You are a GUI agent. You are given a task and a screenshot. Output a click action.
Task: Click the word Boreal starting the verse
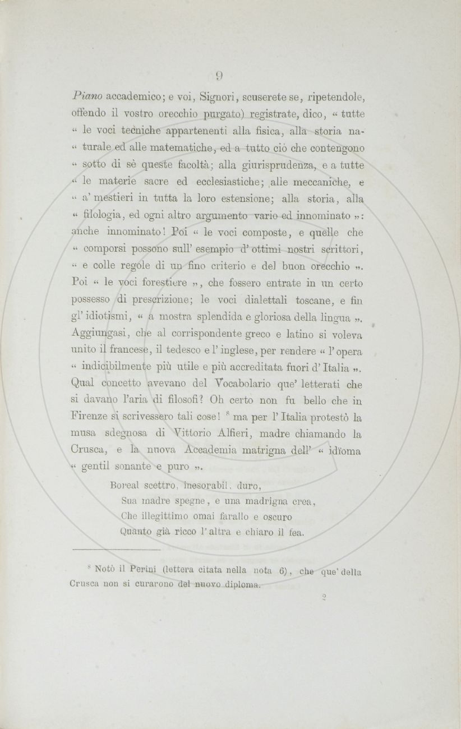123,484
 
